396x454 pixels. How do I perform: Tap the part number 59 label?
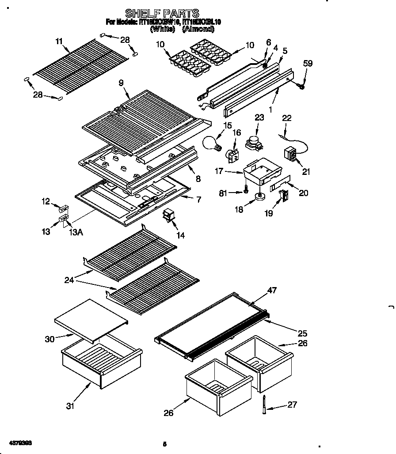tap(308, 64)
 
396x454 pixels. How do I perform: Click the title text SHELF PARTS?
tap(162, 13)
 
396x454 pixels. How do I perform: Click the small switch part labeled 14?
tap(169, 216)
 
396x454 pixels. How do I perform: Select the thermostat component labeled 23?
tap(253, 142)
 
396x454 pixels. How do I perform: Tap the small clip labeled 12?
tap(64, 208)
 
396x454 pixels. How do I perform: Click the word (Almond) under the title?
tap(198, 29)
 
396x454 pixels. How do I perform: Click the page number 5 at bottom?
tap(164, 444)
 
